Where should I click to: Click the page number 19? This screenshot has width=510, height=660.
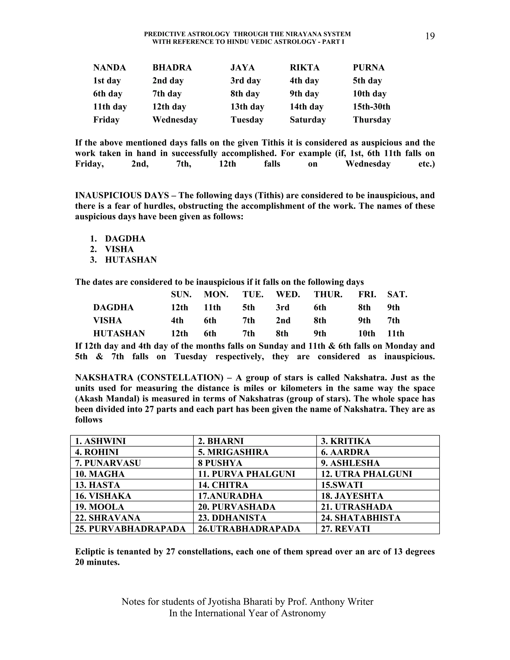click(430, 36)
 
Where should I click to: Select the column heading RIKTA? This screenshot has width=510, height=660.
click(305, 67)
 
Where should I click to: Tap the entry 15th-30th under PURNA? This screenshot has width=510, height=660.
click(371, 107)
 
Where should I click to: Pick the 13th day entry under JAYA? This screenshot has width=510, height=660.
click(247, 107)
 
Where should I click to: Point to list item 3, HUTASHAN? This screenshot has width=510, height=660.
click(130, 260)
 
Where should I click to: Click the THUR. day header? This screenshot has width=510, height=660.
click(328, 294)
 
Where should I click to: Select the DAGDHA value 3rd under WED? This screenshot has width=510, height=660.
click(282, 307)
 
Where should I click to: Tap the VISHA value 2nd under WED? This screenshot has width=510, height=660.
click(283, 320)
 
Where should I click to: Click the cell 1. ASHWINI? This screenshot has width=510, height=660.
click(100, 441)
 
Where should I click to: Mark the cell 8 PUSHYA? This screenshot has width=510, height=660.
click(220, 463)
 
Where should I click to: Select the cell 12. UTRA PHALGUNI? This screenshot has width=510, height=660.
click(366, 474)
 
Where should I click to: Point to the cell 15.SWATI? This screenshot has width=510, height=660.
click(341, 485)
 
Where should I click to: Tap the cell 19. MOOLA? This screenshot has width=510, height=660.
click(99, 507)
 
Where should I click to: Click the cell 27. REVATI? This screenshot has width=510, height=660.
click(345, 529)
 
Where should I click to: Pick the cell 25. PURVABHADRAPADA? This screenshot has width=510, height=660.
click(130, 529)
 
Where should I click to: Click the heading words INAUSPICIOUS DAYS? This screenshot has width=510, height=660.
click(122, 196)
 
